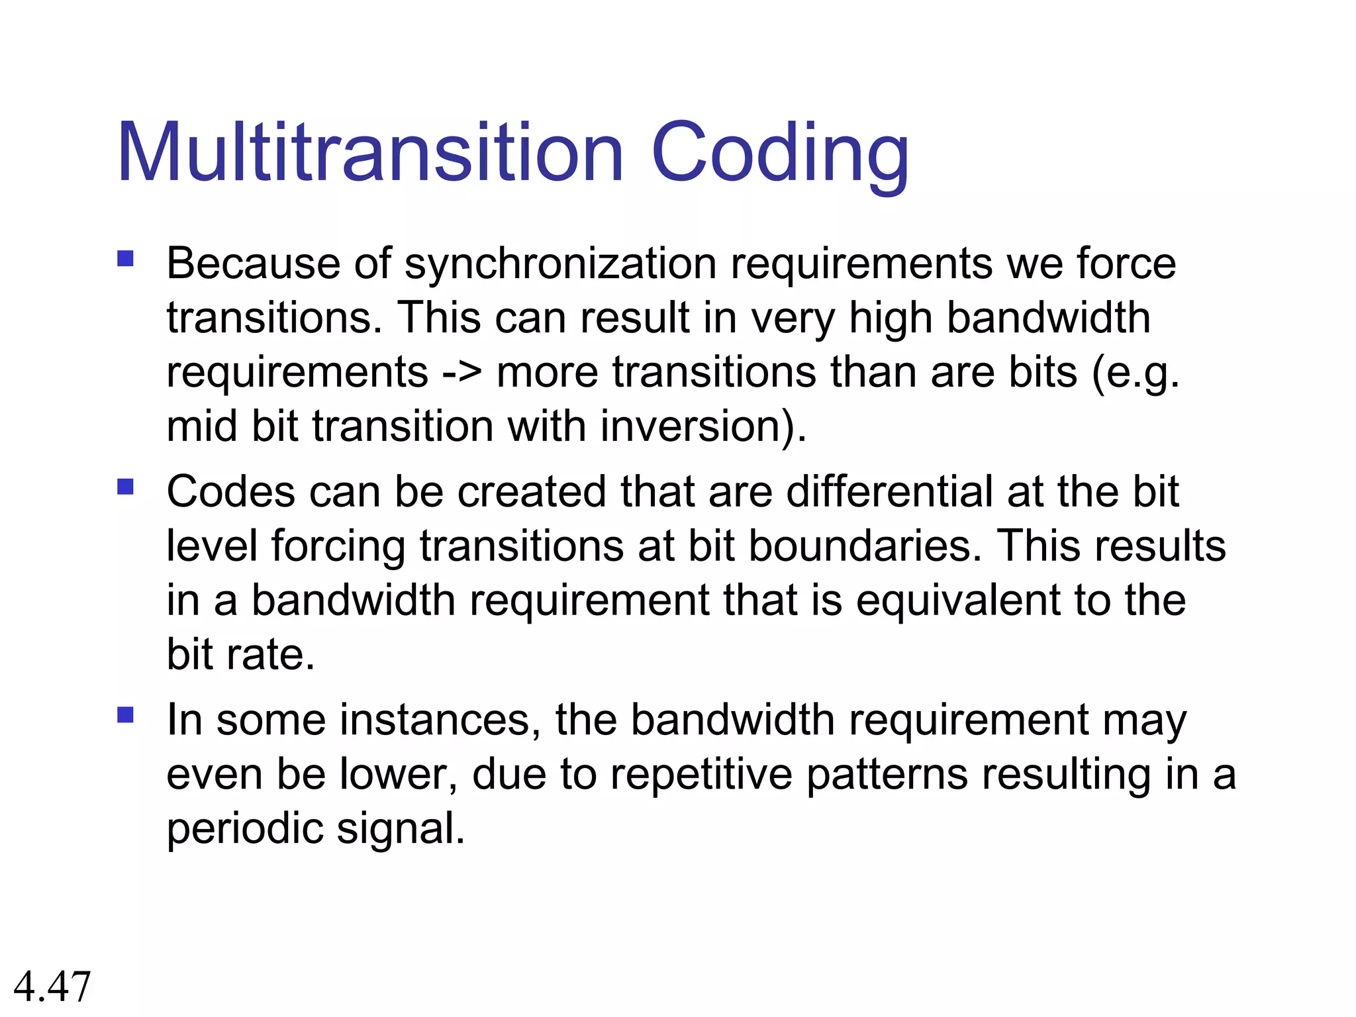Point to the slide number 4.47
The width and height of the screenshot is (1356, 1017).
click(52, 986)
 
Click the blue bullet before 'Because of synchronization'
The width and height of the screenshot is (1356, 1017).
click(125, 258)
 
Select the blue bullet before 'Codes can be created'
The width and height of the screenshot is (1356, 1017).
click(125, 487)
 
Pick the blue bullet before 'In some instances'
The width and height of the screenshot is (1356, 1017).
click(125, 715)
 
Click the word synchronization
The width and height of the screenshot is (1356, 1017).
click(560, 265)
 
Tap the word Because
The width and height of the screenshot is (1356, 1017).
click(253, 264)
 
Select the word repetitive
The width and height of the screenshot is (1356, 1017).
click(701, 774)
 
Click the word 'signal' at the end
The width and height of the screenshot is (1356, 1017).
click(400, 829)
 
